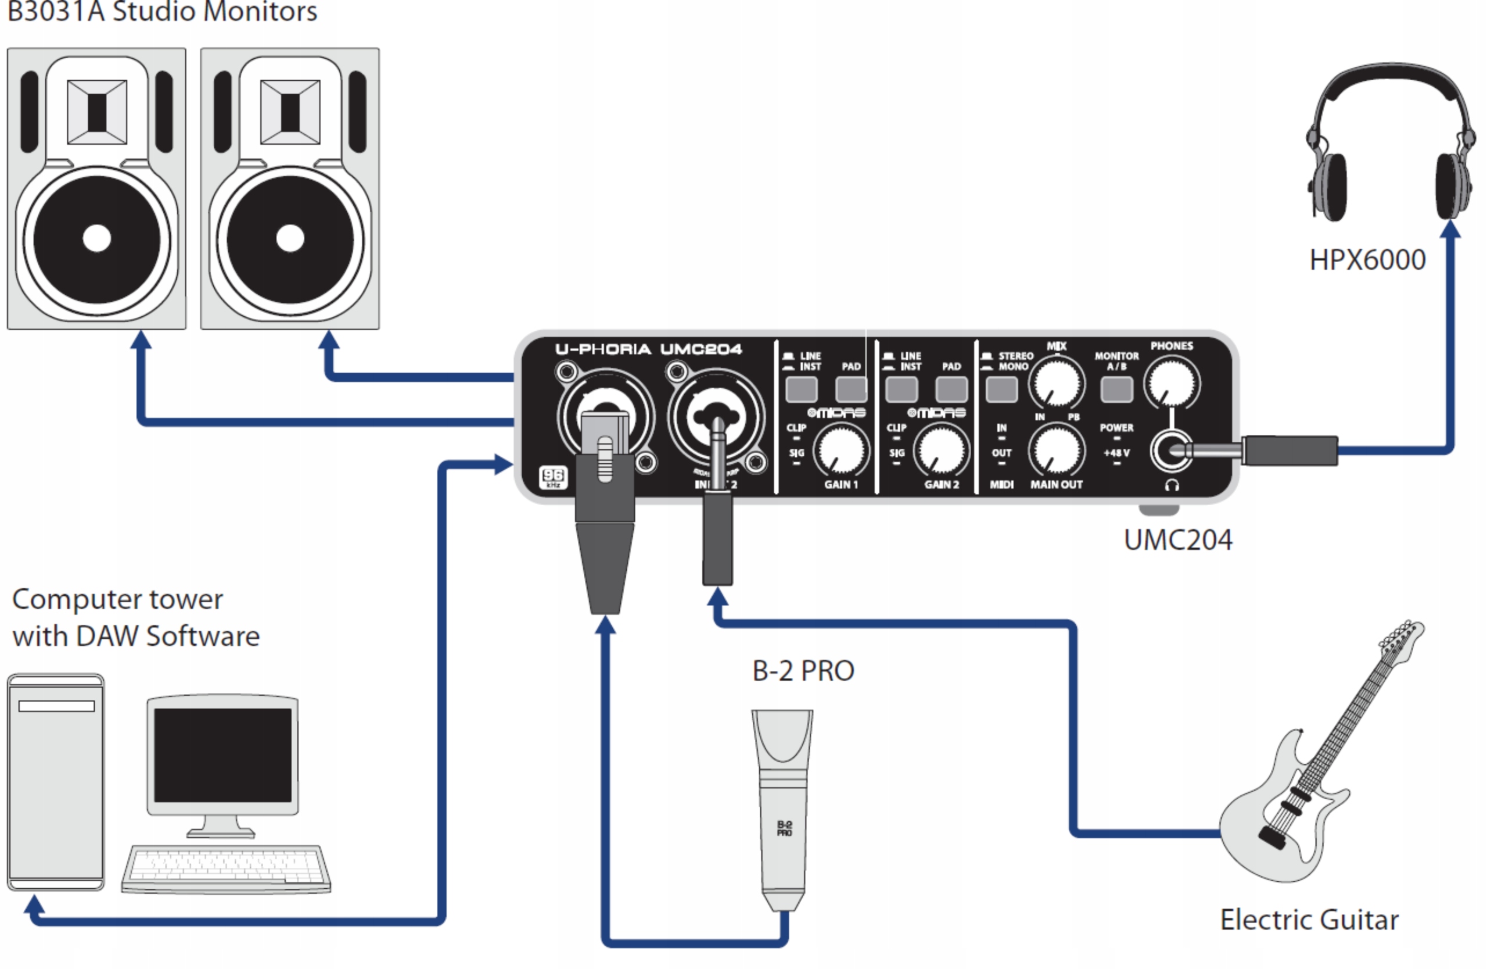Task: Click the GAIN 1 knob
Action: pos(841,450)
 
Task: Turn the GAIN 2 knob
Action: pos(941,450)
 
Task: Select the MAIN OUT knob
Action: pos(1056,450)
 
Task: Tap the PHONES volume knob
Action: pos(1172,382)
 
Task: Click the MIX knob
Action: pos(1057,383)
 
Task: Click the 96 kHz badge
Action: pos(553,478)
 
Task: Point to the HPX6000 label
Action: pos(1367,260)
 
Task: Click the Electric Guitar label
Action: pos(1309,920)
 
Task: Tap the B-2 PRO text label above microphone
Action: pos(803,671)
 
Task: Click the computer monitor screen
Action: pos(222,755)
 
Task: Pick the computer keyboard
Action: pos(226,869)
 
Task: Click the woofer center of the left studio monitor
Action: pos(97,239)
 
